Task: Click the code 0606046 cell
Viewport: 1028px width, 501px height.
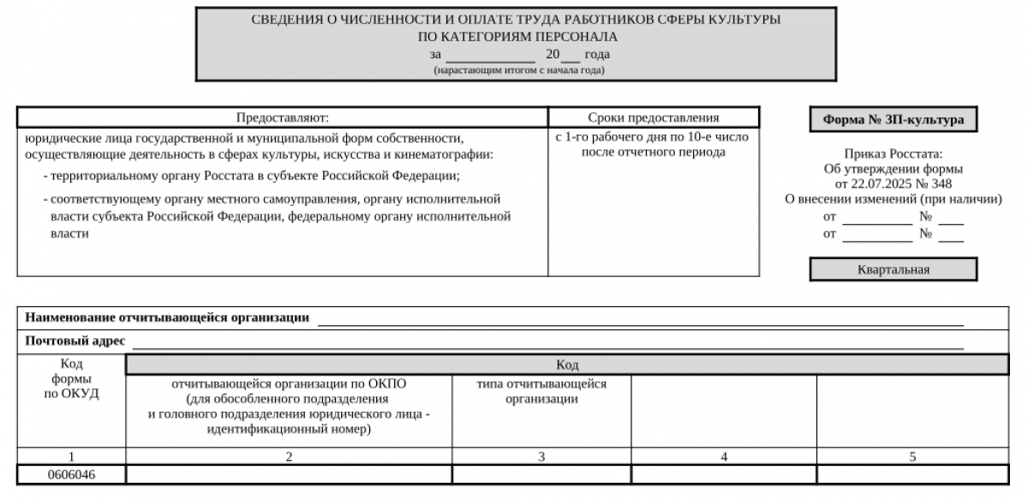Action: click(x=71, y=474)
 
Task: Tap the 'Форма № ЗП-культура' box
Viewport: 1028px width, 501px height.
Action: click(x=893, y=120)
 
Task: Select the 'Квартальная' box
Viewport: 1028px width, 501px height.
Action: click(x=893, y=269)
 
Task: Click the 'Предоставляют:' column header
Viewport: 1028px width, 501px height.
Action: click(x=282, y=118)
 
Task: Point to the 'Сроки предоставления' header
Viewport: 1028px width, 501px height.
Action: click(x=653, y=118)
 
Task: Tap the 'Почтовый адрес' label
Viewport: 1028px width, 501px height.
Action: click(x=75, y=341)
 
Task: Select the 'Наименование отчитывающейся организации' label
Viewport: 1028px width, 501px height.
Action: click(x=167, y=317)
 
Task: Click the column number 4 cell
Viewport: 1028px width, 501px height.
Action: click(x=724, y=457)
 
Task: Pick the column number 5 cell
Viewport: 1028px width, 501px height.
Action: click(x=912, y=457)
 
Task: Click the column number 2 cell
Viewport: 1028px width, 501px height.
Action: click(x=289, y=457)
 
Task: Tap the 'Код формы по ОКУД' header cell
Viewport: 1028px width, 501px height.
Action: click(x=71, y=379)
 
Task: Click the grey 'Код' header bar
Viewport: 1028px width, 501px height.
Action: click(x=566, y=365)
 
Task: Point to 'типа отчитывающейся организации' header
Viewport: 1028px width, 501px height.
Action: click(x=541, y=391)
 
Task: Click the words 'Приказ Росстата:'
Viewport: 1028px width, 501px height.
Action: click(x=893, y=154)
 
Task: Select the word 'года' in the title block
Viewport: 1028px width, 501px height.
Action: click(x=597, y=55)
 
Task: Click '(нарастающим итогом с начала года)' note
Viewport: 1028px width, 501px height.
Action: click(x=518, y=69)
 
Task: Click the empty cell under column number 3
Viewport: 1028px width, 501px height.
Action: click(x=541, y=474)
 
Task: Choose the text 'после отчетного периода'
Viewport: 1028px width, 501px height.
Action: click(x=653, y=153)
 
